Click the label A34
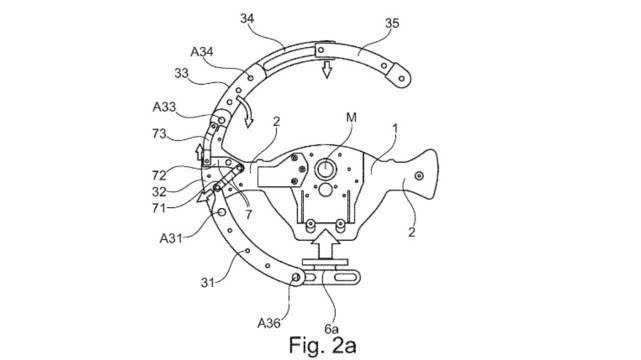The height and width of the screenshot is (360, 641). click(202, 52)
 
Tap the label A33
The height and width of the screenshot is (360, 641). click(164, 107)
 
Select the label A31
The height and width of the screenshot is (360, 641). click(171, 238)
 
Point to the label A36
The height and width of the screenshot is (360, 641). click(269, 323)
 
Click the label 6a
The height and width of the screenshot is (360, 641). click(332, 328)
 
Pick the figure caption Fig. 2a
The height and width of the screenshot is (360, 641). click(323, 345)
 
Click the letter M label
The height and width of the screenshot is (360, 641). click(351, 118)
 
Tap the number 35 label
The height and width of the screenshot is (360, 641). click(392, 23)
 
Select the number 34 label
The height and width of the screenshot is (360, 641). click(247, 18)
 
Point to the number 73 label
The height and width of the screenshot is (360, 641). click(159, 134)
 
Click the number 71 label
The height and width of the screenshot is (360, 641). click(159, 208)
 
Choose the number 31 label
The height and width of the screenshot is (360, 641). click(208, 282)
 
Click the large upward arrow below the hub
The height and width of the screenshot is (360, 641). click(325, 244)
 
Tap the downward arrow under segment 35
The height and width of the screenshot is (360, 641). click(326, 69)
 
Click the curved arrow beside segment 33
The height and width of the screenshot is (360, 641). click(246, 110)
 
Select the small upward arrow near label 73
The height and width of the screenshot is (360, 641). click(199, 152)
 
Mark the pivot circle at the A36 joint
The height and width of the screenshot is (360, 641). click(296, 277)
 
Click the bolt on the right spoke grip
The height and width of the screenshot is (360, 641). click(419, 176)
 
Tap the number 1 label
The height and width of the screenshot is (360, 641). click(395, 129)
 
